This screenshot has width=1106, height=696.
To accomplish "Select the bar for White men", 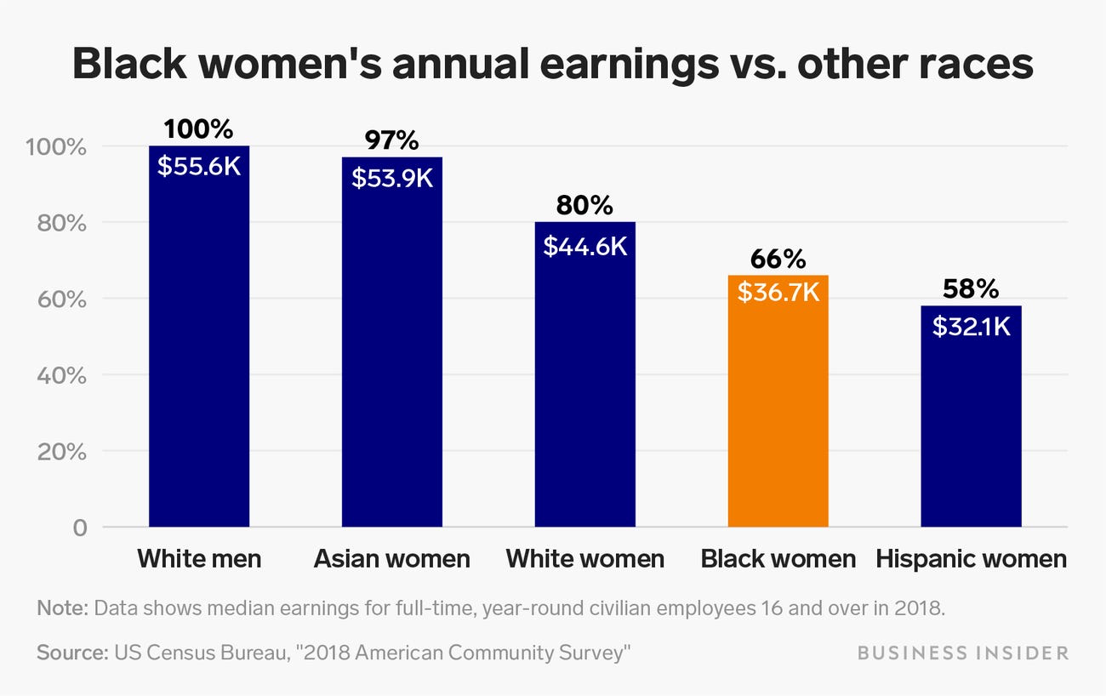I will coord(199,340).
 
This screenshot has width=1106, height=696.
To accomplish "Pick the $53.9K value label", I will coord(392,179).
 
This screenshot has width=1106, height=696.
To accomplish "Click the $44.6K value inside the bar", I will coord(585,246).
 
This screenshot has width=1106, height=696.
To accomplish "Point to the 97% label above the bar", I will coord(392,140).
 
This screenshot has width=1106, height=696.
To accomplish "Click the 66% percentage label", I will coord(778,259).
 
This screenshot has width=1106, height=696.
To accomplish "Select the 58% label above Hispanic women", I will coord(971,289).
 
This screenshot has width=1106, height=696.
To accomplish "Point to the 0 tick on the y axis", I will coord(79,528).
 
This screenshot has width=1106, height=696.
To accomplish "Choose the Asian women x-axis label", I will coord(392,559).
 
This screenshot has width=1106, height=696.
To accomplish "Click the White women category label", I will coord(585,559).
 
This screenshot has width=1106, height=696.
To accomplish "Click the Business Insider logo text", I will coord(962,653).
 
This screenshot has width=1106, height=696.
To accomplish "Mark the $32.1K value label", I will coord(971,326).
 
